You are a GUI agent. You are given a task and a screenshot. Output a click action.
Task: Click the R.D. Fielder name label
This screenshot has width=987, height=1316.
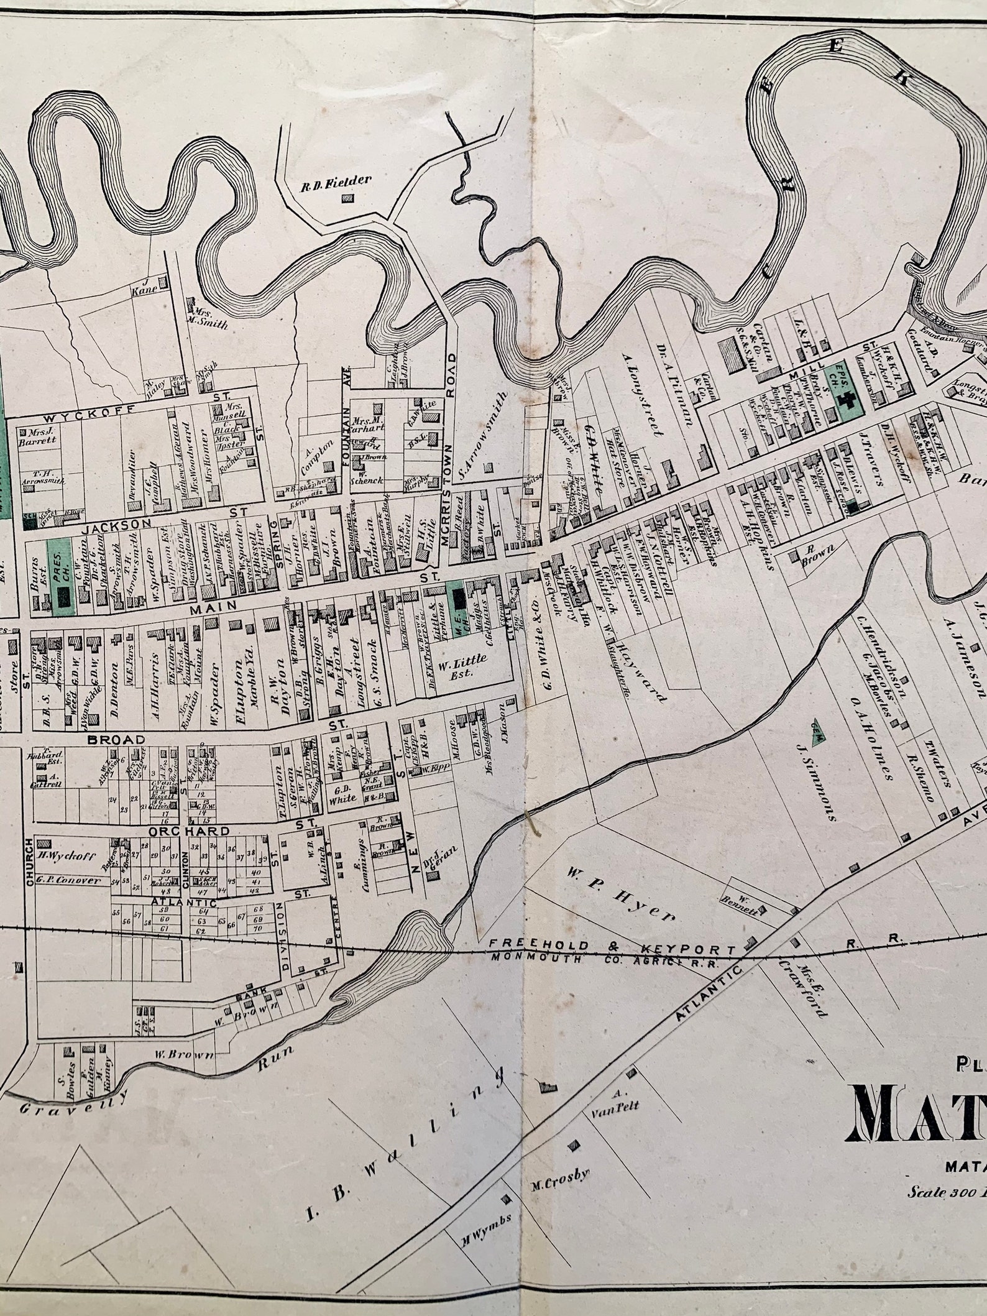(336, 181)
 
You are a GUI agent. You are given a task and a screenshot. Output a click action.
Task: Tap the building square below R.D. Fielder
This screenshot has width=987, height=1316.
(348, 198)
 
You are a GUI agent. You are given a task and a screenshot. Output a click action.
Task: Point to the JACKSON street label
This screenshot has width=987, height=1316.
(118, 525)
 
